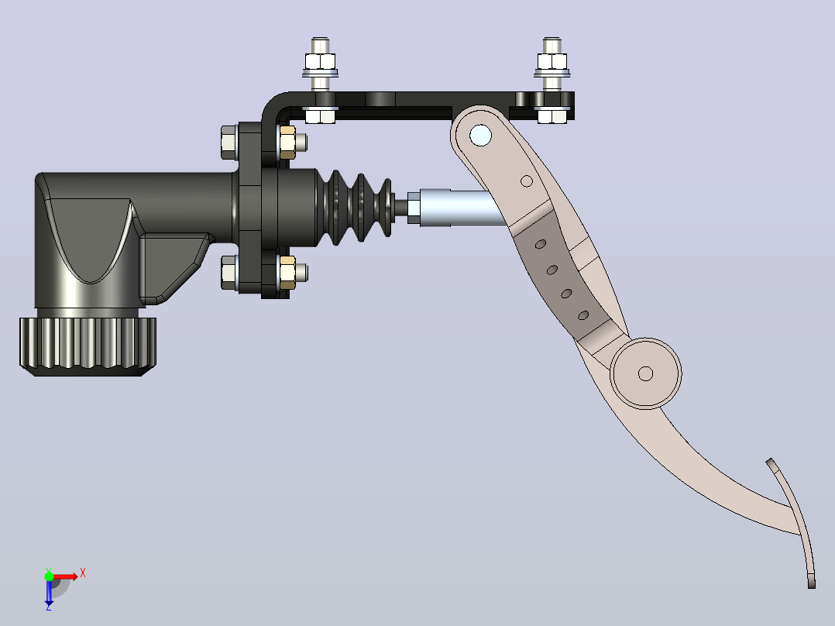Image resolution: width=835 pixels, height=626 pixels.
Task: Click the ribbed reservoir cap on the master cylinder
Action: (x=88, y=346)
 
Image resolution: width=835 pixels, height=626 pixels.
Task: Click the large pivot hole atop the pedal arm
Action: (x=480, y=136)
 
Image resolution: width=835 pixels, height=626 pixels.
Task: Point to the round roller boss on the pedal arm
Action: (x=645, y=373)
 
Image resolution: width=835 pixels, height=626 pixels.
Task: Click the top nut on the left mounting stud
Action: (x=320, y=61)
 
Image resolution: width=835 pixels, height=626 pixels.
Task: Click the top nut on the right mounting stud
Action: (x=552, y=61)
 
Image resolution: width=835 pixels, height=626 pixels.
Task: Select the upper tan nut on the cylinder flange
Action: (x=287, y=143)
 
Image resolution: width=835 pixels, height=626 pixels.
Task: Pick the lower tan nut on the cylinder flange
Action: (x=287, y=272)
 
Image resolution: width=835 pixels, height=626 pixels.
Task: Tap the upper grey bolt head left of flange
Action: (x=229, y=143)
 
